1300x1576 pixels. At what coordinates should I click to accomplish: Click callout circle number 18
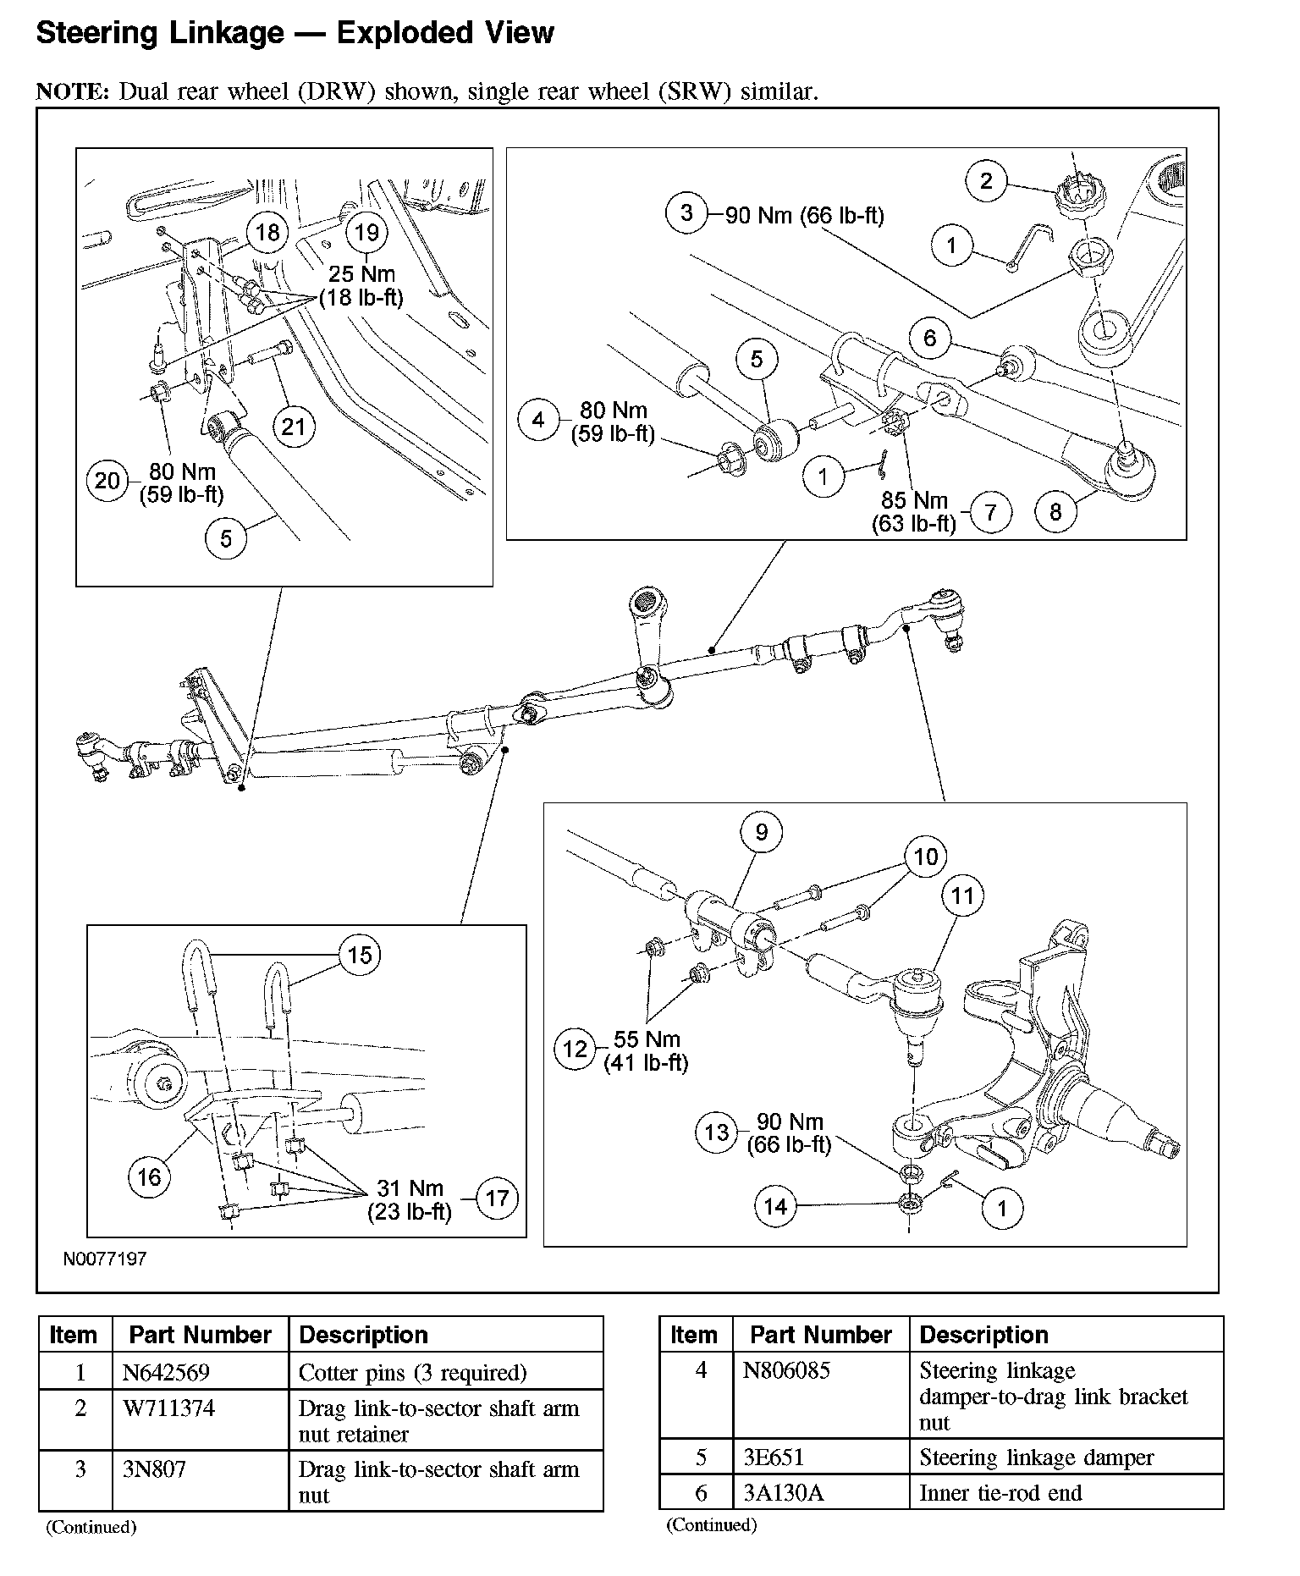coord(267,232)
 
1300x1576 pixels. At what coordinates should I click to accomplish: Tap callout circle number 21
coord(293,426)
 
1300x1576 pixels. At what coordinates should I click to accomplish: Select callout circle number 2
coord(986,180)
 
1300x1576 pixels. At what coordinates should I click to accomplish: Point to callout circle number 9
coord(762,833)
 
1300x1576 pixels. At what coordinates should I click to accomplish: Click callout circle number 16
coord(149,1176)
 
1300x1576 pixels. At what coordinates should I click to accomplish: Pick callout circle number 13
coord(717,1132)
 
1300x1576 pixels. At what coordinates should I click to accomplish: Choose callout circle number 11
coord(963,895)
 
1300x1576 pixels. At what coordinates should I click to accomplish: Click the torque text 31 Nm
coord(410,1188)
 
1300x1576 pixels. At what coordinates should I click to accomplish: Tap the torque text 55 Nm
coord(647,1039)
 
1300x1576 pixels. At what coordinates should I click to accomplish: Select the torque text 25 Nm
coord(362,274)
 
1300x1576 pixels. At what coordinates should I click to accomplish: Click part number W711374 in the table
coord(168,1408)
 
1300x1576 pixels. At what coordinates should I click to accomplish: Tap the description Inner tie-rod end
coord(1000,1493)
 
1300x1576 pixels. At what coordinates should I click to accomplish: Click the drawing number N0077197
coord(105,1259)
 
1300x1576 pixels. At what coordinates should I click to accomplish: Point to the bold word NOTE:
coord(73,91)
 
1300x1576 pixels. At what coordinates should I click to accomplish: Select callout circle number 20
coord(107,481)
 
